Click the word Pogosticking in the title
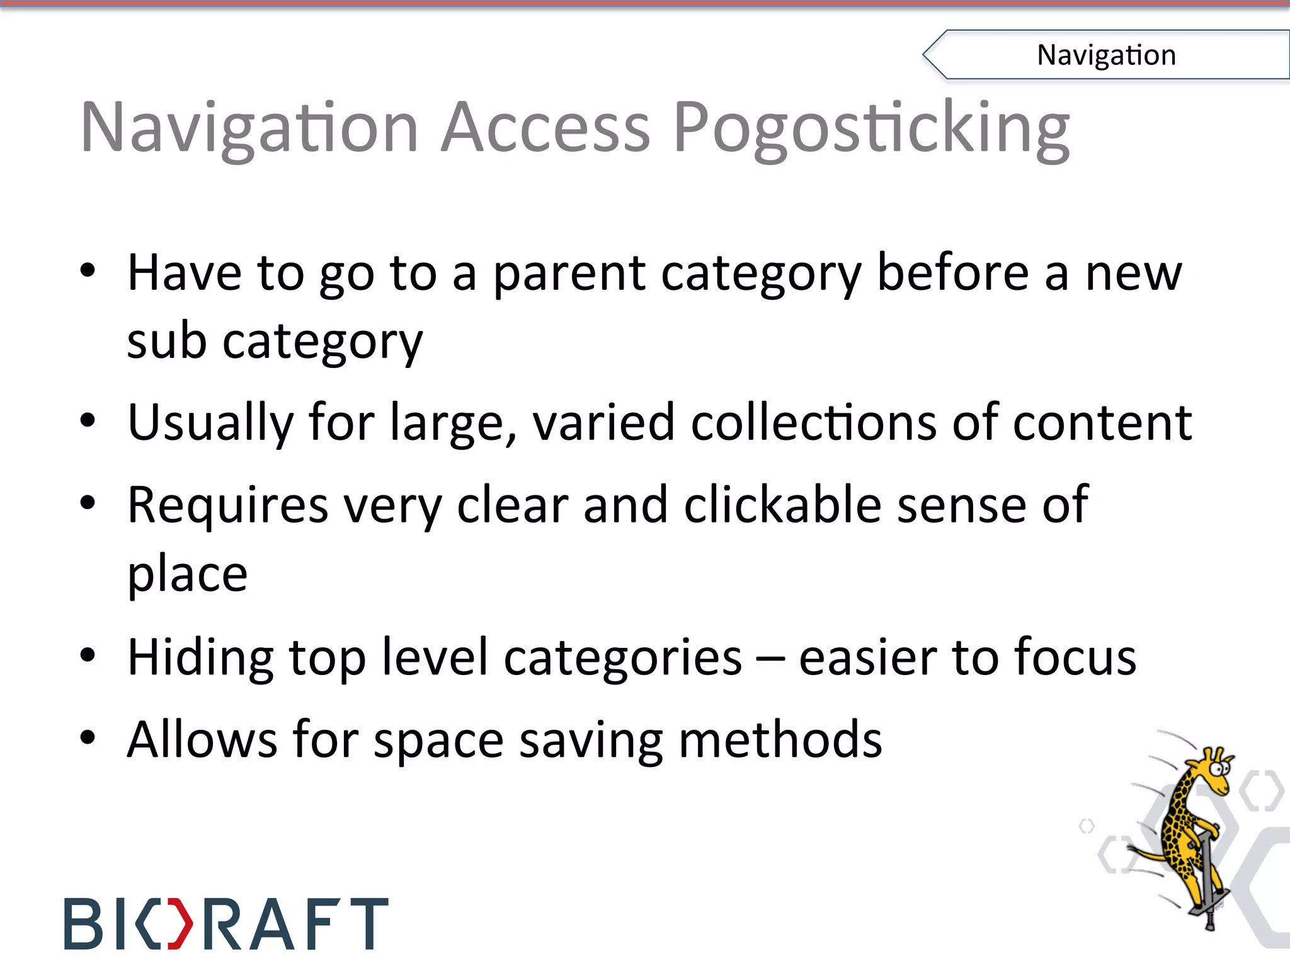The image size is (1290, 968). (871, 129)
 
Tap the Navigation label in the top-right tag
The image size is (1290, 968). (1106, 55)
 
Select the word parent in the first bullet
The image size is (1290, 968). (569, 275)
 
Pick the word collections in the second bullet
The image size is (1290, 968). (814, 422)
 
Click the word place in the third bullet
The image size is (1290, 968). (187, 575)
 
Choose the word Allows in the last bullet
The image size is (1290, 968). (202, 739)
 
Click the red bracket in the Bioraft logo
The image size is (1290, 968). (181, 924)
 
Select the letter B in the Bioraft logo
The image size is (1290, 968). (83, 924)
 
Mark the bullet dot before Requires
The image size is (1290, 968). (88, 504)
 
